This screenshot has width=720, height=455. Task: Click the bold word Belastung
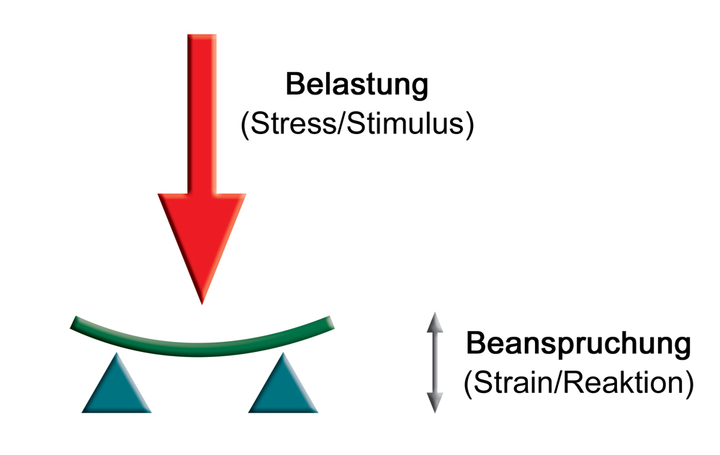(x=357, y=85)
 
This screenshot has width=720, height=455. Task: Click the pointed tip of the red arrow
(x=202, y=301)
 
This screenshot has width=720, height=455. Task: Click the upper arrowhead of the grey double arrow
(x=433, y=322)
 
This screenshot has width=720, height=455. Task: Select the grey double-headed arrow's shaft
(x=433, y=362)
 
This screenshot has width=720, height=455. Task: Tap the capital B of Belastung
(x=294, y=85)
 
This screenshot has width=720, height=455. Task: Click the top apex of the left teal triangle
(x=117, y=355)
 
